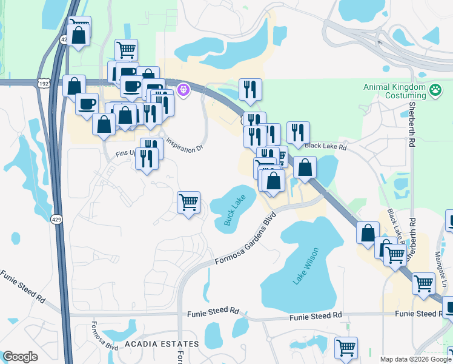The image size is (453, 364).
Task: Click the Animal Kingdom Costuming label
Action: [394, 91]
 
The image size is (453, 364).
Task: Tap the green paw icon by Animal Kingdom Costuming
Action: [435, 91]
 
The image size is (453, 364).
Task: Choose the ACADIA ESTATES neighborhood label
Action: [162, 344]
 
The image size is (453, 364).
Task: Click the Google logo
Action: [20, 356]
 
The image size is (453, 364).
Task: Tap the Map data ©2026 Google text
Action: [415, 359]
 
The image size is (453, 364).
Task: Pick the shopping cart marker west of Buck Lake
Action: [188, 202]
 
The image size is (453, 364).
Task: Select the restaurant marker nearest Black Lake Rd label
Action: [297, 133]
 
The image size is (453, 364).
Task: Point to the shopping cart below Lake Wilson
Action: [346, 348]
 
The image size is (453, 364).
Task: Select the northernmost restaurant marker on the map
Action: [250, 90]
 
